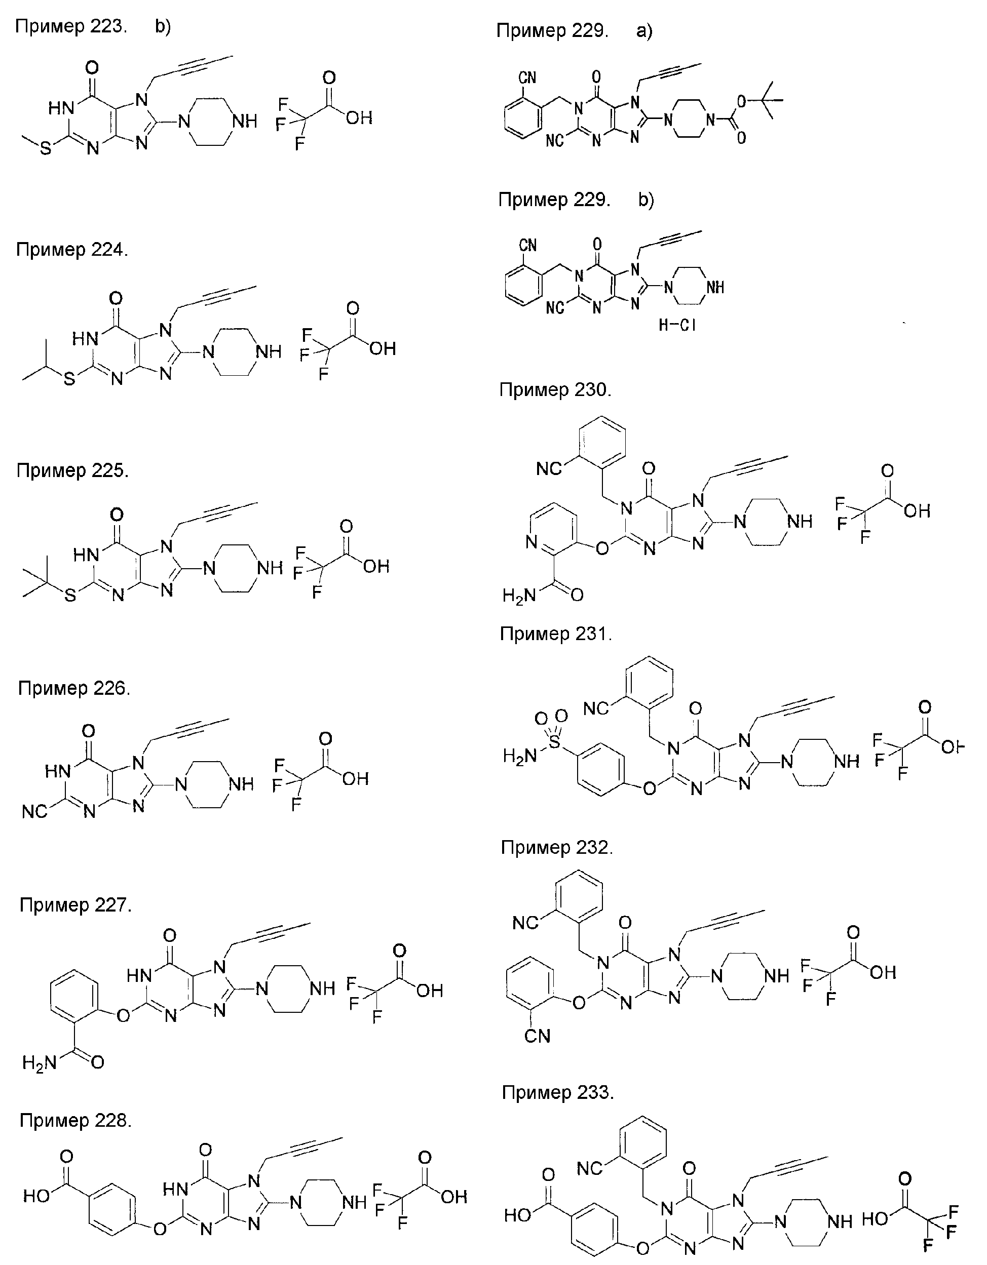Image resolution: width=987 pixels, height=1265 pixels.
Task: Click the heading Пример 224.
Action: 72,250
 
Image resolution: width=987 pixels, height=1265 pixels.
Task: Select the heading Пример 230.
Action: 555,390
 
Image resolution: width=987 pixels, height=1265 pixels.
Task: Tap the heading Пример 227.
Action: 75,905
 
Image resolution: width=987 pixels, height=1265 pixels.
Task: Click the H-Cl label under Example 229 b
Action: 677,325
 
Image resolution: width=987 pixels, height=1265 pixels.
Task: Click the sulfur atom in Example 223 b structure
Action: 45,149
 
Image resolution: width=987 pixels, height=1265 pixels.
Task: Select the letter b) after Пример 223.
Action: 163,27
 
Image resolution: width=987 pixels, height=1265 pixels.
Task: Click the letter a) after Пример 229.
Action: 644,31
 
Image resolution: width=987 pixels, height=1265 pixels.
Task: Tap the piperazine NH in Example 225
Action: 270,568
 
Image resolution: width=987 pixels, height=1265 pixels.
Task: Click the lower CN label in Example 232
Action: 537,1036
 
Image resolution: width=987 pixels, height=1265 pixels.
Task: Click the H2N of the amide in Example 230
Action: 519,596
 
